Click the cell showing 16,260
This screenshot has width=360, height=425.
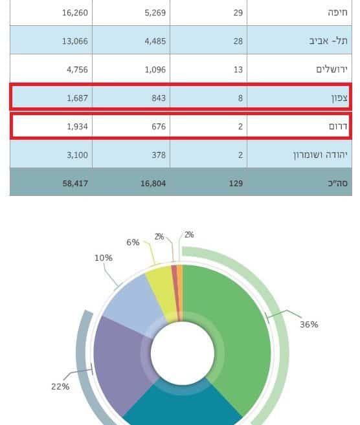coord(75,13)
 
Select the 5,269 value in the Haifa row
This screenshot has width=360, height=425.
coord(155,13)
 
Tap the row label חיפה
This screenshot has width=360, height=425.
coord(337,13)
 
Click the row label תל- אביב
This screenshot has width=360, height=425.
coord(328,41)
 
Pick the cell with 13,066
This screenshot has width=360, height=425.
coord(75,41)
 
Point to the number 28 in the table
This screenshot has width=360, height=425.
coord(238,41)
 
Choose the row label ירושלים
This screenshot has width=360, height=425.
coord(332,70)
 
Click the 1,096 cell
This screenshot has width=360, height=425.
coord(155,70)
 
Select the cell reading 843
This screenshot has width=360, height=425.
coord(159,98)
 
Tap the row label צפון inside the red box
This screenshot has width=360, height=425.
coord(339,98)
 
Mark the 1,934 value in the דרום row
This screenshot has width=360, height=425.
coord(77,127)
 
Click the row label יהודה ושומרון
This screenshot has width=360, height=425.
coord(320,155)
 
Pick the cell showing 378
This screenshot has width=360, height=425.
coord(159,155)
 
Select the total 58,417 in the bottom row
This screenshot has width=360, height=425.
coord(75,184)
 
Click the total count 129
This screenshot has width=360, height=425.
coord(236,184)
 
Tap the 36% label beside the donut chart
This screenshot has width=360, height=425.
coord(309,325)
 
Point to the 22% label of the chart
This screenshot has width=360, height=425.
coord(60,387)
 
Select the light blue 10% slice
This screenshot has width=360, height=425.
coord(133,303)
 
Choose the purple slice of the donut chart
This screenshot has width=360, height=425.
coord(119,360)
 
